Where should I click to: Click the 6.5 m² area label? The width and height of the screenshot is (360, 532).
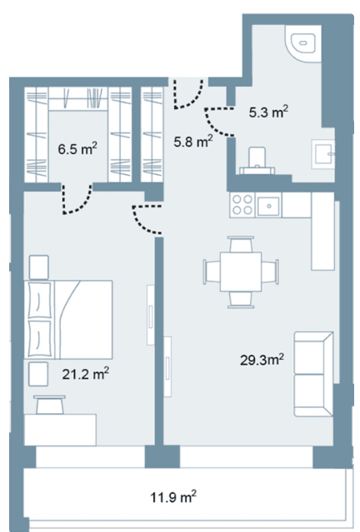pyautogui.click(x=77, y=148)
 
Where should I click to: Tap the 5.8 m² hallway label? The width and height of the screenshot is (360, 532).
pyautogui.click(x=193, y=141)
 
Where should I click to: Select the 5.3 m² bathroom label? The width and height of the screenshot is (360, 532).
pyautogui.click(x=268, y=112)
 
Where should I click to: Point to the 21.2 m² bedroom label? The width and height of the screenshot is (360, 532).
pyautogui.click(x=86, y=374)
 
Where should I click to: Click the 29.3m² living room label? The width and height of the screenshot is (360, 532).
pyautogui.click(x=262, y=360)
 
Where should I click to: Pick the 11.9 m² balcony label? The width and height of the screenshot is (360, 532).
pyautogui.click(x=173, y=497)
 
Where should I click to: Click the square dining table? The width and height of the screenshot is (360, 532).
pyautogui.click(x=241, y=271)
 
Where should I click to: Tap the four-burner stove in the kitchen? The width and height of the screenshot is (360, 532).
pyautogui.click(x=242, y=205)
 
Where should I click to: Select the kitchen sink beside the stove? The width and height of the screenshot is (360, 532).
pyautogui.click(x=268, y=206)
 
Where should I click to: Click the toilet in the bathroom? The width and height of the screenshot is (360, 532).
pyautogui.click(x=257, y=161)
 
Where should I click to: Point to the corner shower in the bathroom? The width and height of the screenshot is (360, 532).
pyautogui.click(x=303, y=43)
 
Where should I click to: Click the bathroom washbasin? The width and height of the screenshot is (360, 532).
pyautogui.click(x=323, y=155)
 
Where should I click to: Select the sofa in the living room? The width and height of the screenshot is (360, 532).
pyautogui.click(x=313, y=374)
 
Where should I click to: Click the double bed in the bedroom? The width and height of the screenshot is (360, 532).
pyautogui.click(x=68, y=319)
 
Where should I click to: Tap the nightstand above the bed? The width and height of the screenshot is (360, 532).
pyautogui.click(x=38, y=267)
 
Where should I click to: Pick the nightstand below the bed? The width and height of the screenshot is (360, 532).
pyautogui.click(x=38, y=374)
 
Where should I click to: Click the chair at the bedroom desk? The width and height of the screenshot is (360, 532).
pyautogui.click(x=50, y=405)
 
